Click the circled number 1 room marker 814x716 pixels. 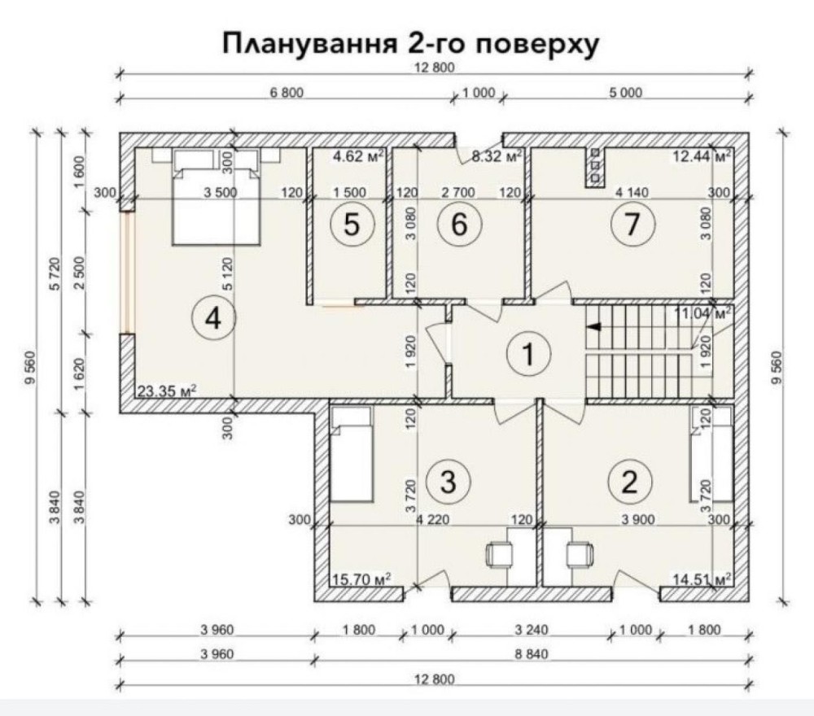pyautogui.click(x=528, y=355)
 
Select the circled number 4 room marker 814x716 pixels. pyautogui.click(x=213, y=317)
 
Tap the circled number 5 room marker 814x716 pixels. pyautogui.click(x=352, y=225)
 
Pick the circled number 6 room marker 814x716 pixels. pyautogui.click(x=459, y=225)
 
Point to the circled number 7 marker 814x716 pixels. pyautogui.click(x=632, y=225)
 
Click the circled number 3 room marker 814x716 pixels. pyautogui.click(x=448, y=482)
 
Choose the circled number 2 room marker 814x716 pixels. pyautogui.click(x=629, y=482)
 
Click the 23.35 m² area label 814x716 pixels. pyautogui.click(x=167, y=391)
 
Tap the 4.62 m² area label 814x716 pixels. pyautogui.click(x=358, y=155)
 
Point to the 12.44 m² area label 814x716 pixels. pyautogui.click(x=702, y=155)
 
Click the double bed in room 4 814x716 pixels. pyautogui.click(x=216, y=197)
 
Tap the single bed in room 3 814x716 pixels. pyautogui.click(x=352, y=454)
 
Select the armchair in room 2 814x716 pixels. pyautogui.click(x=580, y=555)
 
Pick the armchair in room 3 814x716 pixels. pyautogui.click(x=500, y=555)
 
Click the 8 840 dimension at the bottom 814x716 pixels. pyautogui.click(x=531, y=654)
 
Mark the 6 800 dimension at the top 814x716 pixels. pyautogui.click(x=287, y=93)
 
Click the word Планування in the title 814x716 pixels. pyautogui.click(x=308, y=44)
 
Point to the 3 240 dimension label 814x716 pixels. pyautogui.click(x=531, y=630)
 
